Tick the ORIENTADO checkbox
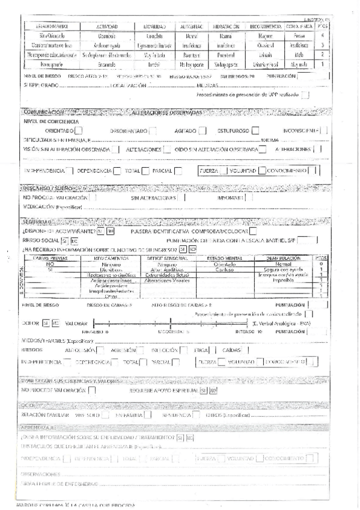pyautogui.click(x=79, y=130)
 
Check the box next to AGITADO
pyautogui.click(x=203, y=130)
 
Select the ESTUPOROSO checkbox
pyautogui.click(x=255, y=130)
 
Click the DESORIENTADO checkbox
pyautogui.click(x=153, y=130)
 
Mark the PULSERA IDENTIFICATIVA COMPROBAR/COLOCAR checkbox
pyautogui.click(x=253, y=231)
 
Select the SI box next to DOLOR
pyautogui.click(x=46, y=322)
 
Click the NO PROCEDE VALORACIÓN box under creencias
pyautogui.click(x=91, y=390)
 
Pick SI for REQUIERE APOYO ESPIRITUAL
pyautogui.click(x=203, y=390)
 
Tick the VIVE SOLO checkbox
pyautogui.click(x=105, y=414)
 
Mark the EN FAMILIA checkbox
pyautogui.click(x=147, y=414)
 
